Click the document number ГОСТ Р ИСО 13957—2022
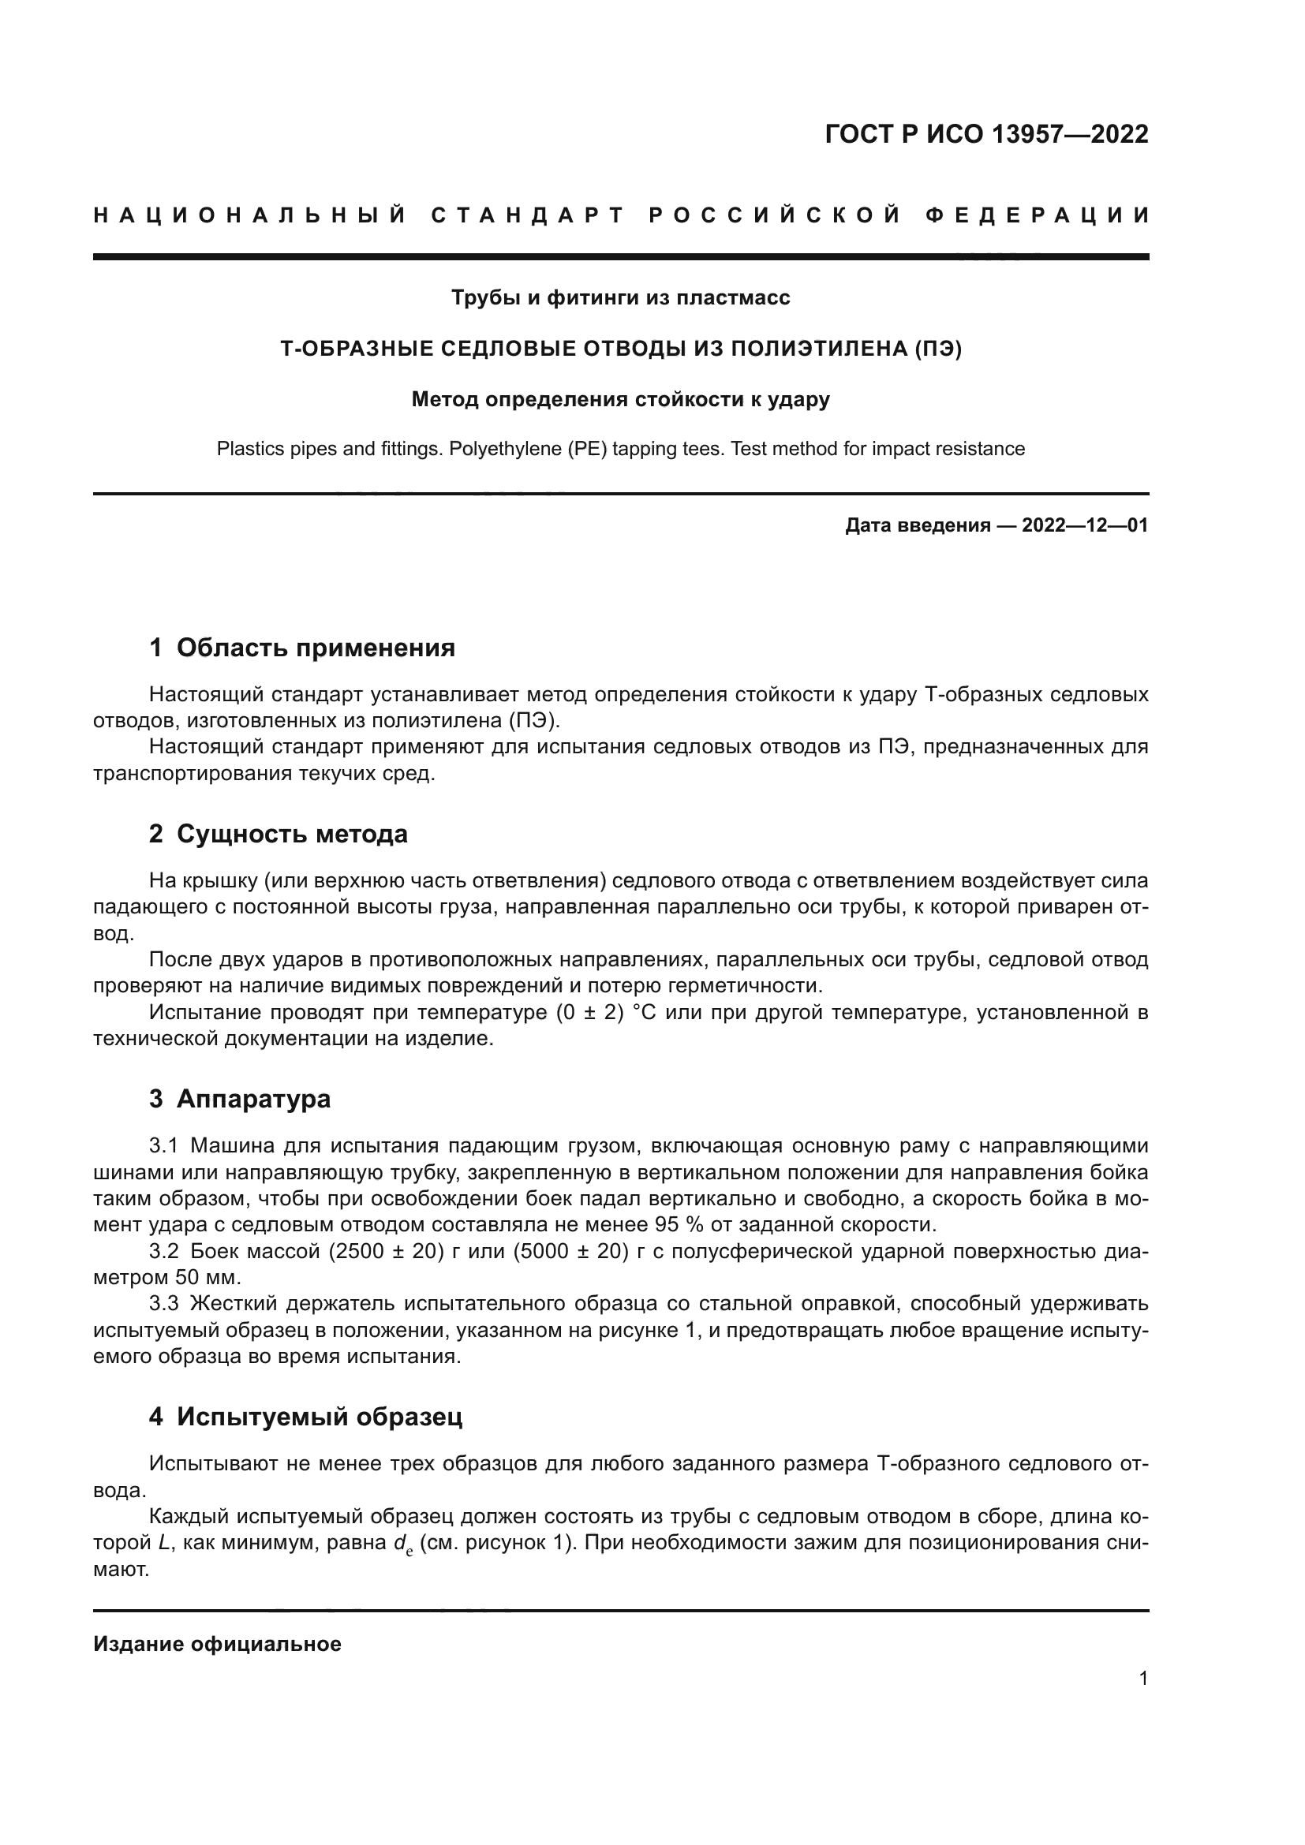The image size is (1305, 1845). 986,134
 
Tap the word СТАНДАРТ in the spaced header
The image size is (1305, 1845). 527,215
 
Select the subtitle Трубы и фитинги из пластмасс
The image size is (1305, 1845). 620,297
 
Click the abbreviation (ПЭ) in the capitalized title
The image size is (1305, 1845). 936,349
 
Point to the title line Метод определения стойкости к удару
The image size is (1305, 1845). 620,399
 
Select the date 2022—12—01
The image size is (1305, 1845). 1084,525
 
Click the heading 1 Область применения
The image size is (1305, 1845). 301,647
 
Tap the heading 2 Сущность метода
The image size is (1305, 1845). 278,833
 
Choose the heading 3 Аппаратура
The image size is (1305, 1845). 240,1099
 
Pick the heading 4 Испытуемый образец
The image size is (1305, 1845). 305,1416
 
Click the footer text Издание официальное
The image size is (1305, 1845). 217,1644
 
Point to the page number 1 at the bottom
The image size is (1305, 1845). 1142,1678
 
